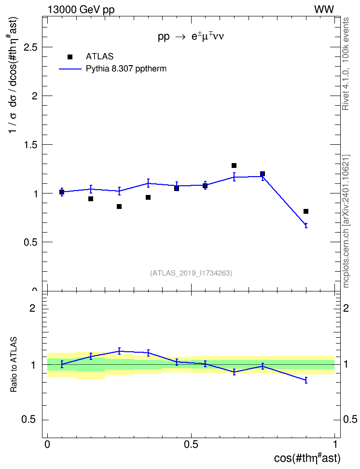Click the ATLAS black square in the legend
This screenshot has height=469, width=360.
tap(70, 57)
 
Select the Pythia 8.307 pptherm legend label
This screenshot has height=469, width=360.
tap(126, 69)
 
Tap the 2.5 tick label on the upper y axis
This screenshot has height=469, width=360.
tap(32, 47)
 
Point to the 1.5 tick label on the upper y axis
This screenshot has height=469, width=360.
tap(32, 145)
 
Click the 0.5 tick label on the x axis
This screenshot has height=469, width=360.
tap(191, 444)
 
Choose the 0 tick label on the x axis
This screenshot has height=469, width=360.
tap(47, 444)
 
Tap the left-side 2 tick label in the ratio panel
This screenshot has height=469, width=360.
tap(32, 308)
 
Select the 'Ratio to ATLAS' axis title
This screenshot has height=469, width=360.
tap(14, 365)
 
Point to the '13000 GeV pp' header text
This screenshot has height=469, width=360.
tap(81, 10)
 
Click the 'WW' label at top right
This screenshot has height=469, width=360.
tap(324, 9)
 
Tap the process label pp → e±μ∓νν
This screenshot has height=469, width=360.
tap(191, 37)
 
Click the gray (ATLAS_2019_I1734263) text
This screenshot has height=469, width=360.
tap(191, 273)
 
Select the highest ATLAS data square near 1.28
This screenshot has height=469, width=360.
tap(234, 166)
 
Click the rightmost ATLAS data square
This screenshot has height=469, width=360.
tap(306, 211)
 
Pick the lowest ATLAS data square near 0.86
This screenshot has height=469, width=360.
tap(119, 207)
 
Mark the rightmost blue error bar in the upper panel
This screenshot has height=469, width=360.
tap(306, 225)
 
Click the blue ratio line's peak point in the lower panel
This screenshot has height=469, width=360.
tap(119, 351)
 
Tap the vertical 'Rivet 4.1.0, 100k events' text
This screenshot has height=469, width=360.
tap(346, 64)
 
